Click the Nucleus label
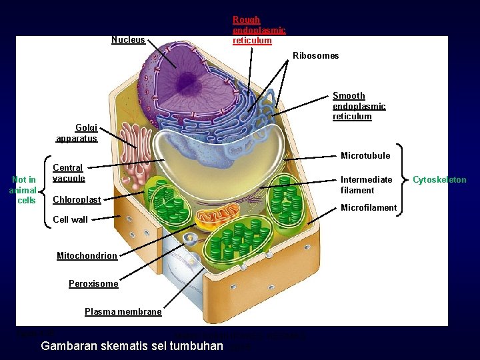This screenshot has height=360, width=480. (128, 40)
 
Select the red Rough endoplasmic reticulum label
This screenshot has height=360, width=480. (259, 30)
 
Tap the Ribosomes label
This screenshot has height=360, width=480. (315, 56)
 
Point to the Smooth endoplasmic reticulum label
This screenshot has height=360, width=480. (359, 106)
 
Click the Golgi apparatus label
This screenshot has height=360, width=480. (77, 133)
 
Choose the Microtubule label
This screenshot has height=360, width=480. (365, 156)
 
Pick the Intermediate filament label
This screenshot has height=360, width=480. (366, 185)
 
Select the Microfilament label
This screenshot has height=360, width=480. (368, 208)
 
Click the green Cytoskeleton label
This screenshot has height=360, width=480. (439, 180)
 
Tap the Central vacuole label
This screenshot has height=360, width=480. (69, 173)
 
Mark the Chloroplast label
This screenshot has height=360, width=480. (77, 200)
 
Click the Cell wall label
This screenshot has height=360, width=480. (70, 219)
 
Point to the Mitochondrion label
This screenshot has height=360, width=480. (87, 256)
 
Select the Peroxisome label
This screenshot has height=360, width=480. (93, 284)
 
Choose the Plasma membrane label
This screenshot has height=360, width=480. (123, 312)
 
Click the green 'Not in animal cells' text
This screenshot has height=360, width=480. (24, 190)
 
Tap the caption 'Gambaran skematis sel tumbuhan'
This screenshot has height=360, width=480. (132, 346)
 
